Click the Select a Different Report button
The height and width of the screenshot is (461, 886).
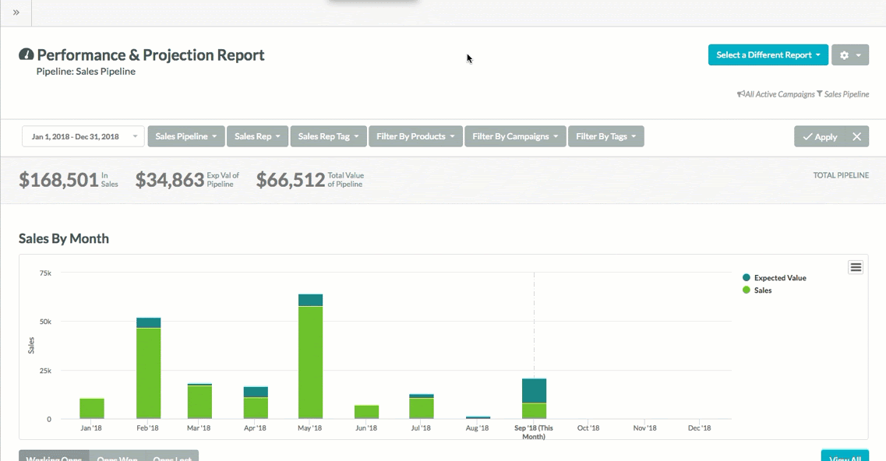coord(768,55)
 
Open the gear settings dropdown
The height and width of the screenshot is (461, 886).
coord(849,55)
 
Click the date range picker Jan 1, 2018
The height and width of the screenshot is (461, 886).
coord(83,136)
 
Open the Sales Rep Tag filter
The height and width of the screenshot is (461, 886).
coord(328,136)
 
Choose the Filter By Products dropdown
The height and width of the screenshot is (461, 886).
coord(415,136)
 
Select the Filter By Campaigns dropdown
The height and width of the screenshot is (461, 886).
coord(514,136)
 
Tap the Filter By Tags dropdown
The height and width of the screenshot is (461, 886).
coord(605,136)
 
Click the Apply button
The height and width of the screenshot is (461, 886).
coord(819,136)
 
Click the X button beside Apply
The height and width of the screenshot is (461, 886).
coord(856,136)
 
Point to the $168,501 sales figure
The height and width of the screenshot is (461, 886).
coord(58,180)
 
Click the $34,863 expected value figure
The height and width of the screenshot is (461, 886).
coord(170,180)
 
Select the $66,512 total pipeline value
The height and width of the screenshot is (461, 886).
coord(291,180)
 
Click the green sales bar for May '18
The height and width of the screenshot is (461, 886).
coord(310,362)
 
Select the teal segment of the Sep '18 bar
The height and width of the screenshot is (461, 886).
coord(534,390)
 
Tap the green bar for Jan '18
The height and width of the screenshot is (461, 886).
coord(92,409)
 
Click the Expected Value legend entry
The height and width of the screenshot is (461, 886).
coord(779,278)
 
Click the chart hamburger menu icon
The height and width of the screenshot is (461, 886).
coord(856,267)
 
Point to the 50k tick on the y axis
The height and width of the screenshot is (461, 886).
coord(45,322)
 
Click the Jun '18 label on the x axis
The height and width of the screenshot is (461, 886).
coord(366,428)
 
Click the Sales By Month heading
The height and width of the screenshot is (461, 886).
coord(64,238)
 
